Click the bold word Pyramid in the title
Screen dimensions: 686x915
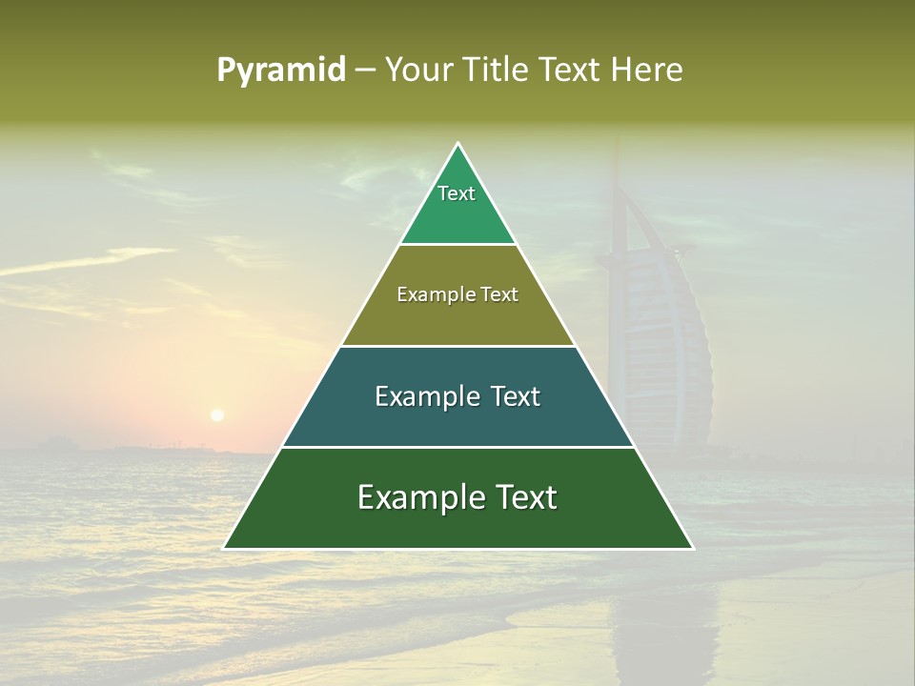click(x=280, y=70)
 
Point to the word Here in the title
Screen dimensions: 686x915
click(x=647, y=70)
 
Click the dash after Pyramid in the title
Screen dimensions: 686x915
click(x=364, y=71)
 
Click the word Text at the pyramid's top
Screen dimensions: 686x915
click(x=457, y=193)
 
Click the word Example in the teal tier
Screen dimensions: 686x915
click(x=423, y=396)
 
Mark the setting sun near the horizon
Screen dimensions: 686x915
click(x=217, y=414)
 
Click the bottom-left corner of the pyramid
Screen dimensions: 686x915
click(x=224, y=548)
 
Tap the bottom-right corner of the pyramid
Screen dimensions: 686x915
click(x=692, y=548)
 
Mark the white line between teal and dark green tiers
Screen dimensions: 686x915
click(x=457, y=447)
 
